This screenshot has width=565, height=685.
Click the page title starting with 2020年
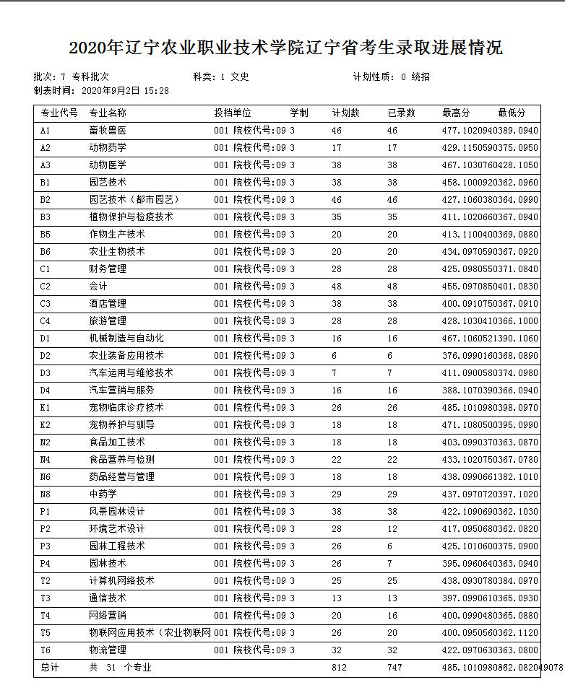point(285,48)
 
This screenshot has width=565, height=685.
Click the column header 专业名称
point(108,113)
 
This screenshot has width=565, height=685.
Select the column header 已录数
point(401,113)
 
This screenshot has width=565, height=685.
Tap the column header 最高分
point(456,113)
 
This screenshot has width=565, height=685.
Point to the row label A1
point(46,131)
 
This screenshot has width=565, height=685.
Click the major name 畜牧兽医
point(108,131)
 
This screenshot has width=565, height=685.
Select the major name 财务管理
point(108,269)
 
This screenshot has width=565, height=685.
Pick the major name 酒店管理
point(108,304)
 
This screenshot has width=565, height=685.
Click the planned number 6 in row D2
point(335,356)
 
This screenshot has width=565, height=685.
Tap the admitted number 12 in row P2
point(392,529)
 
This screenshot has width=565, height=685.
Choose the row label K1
point(46,408)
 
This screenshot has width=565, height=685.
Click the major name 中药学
point(103,494)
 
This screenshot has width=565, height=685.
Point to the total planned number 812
point(339,668)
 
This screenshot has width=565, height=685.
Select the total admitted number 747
point(394,668)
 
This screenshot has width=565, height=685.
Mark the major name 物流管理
point(108,650)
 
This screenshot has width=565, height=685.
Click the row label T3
point(46,598)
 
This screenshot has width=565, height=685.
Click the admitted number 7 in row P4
point(390,564)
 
